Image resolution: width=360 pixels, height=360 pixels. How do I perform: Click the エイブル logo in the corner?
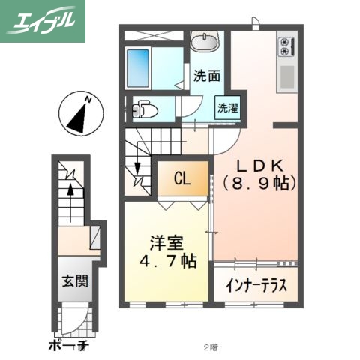[43, 20]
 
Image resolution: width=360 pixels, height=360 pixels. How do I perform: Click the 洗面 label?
[206, 75]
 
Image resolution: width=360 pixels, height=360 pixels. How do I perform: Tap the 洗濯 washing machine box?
[227, 107]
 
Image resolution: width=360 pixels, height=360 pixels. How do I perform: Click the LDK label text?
[259, 165]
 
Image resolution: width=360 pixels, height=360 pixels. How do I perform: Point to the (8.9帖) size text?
[259, 182]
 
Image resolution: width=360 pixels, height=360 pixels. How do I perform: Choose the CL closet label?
[181, 179]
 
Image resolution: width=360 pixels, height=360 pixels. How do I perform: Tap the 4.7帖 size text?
[166, 262]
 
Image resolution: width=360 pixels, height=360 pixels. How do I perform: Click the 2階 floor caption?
[211, 347]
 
